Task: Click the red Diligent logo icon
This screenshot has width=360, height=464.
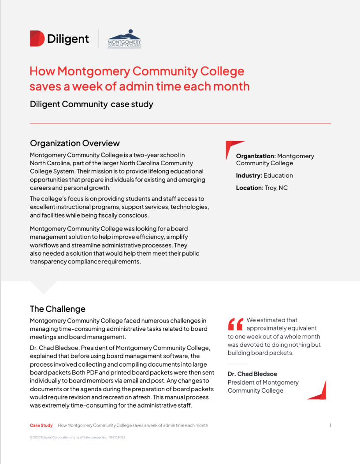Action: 37,38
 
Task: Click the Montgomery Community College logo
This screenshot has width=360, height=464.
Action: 124,39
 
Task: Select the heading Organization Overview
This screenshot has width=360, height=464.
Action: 74,143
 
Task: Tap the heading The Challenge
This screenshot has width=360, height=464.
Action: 57,309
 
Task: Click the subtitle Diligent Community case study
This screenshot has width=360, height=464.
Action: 91,104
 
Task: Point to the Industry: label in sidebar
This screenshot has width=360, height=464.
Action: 249,175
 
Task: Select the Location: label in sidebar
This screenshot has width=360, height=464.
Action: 249,188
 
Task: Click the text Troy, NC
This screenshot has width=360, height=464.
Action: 276,188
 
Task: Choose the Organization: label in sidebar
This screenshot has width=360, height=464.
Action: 256,156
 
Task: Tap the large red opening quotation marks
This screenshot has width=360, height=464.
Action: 235,324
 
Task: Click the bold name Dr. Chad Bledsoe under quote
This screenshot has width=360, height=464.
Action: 252,374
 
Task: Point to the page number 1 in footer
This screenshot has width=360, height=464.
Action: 330,425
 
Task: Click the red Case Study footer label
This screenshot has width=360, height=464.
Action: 41,425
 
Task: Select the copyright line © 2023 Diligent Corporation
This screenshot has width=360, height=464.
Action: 77,438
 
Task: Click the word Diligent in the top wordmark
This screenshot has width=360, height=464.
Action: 68,39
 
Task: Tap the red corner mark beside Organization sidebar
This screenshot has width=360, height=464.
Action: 232,147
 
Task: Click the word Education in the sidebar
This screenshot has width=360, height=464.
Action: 278,175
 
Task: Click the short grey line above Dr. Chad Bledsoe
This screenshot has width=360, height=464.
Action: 237,364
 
